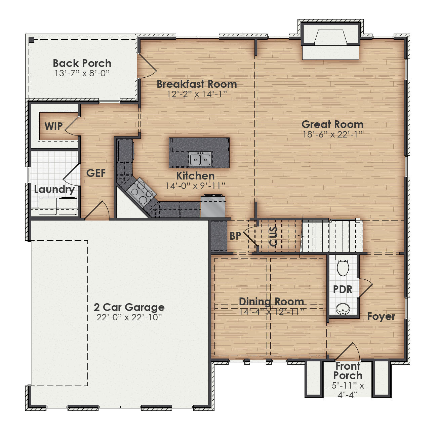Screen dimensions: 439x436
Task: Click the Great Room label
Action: pyautogui.click(x=332, y=124)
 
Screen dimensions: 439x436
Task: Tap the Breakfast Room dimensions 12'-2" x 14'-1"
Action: pyautogui.click(x=197, y=94)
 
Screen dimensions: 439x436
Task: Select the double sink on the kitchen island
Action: pyautogui.click(x=200, y=158)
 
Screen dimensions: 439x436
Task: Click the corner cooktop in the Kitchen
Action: pyautogui.click(x=141, y=192)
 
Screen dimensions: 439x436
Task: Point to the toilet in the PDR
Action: pyautogui.click(x=343, y=268)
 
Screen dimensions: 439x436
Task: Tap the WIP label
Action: pyautogui.click(x=54, y=126)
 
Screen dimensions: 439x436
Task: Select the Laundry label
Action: pyautogui.click(x=54, y=190)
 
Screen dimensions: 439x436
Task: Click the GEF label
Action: pyautogui.click(x=96, y=173)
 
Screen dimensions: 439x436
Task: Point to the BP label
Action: pyautogui.click(x=235, y=236)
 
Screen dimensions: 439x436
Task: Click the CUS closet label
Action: pyautogui.click(x=274, y=236)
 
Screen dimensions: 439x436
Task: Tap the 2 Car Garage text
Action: pyautogui.click(x=129, y=307)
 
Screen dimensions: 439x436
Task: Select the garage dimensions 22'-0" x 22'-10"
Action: pyautogui.click(x=129, y=317)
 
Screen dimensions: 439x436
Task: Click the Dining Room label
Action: pyautogui.click(x=271, y=301)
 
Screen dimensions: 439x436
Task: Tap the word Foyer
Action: pyautogui.click(x=381, y=316)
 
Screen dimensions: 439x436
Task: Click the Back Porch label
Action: pyautogui.click(x=82, y=63)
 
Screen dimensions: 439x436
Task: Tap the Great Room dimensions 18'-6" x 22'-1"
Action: pyautogui.click(x=332, y=134)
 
